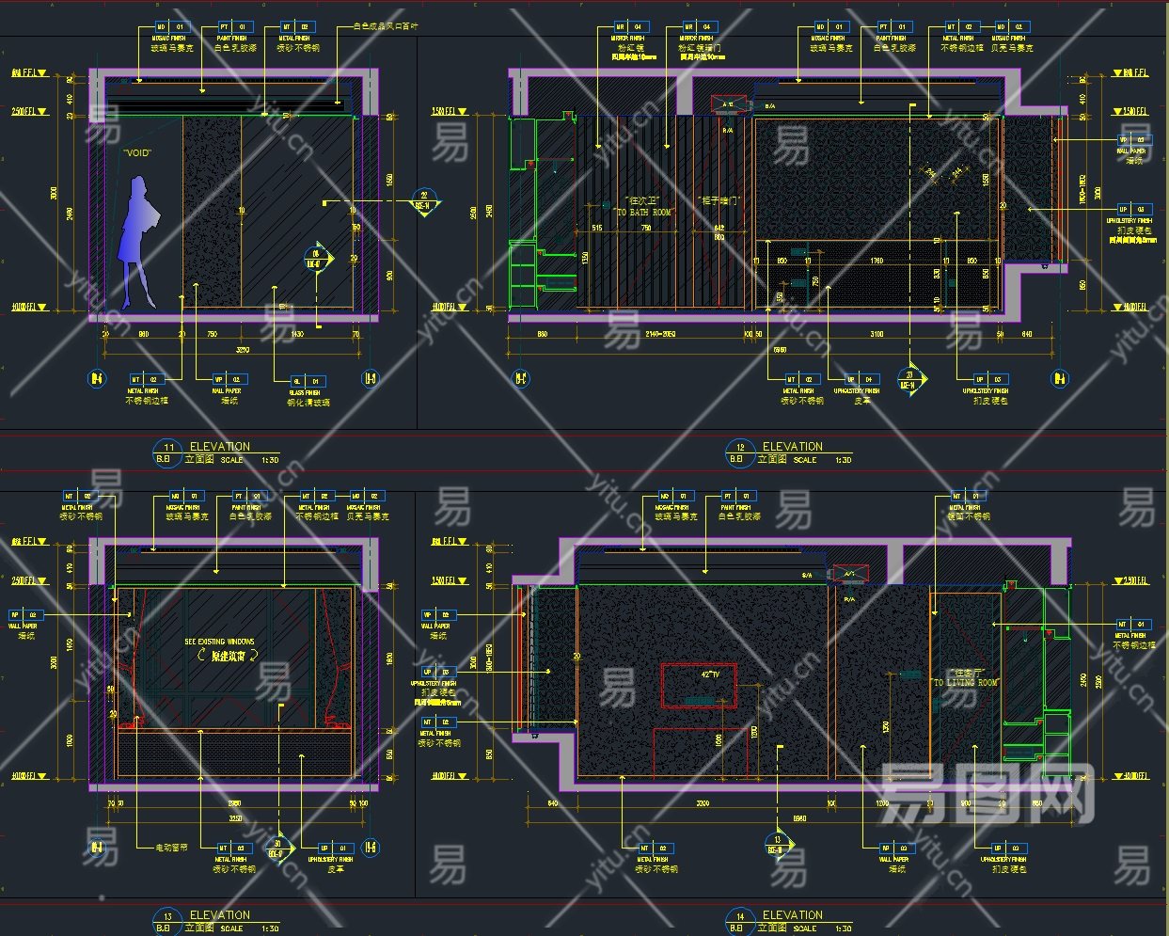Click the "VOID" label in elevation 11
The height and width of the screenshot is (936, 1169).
tap(137, 152)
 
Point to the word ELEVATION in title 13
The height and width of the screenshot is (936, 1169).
tap(220, 915)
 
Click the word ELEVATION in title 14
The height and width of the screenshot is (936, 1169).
tap(792, 915)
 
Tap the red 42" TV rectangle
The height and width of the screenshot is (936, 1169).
tap(699, 685)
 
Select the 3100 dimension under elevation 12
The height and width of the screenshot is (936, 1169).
tap(877, 334)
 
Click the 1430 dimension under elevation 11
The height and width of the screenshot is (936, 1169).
tap(298, 334)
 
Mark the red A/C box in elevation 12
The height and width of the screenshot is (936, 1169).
tap(728, 104)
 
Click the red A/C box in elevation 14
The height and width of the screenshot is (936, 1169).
tap(849, 573)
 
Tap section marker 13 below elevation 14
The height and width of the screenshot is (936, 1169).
tap(777, 845)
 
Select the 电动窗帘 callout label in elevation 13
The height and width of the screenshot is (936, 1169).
tap(170, 848)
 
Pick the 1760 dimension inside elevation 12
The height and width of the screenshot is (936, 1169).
tap(876, 262)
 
